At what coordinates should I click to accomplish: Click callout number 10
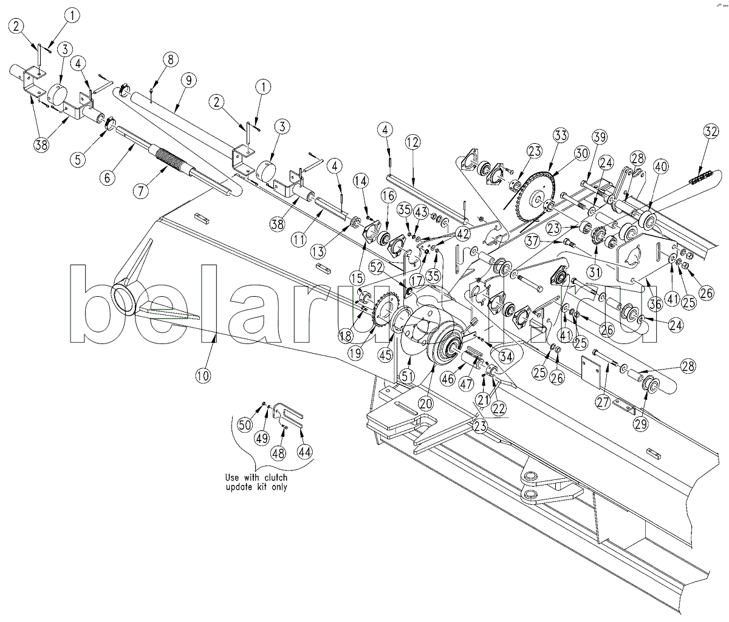click(203, 376)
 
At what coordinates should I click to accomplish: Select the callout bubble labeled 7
click(141, 191)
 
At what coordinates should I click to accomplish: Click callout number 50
click(245, 425)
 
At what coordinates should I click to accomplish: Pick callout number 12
click(412, 143)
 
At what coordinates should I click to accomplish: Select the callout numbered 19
click(369, 351)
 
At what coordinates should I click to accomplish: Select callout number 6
click(107, 177)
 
